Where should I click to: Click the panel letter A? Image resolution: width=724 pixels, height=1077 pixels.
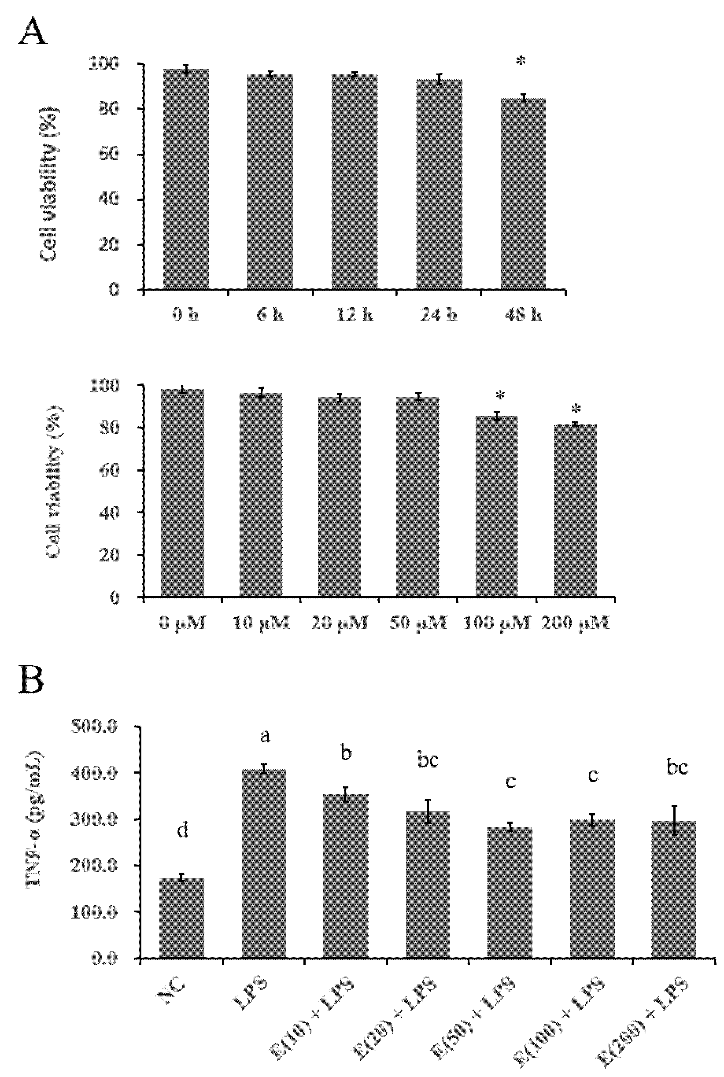(32, 31)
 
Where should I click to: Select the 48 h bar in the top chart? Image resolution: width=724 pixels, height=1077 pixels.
(523, 194)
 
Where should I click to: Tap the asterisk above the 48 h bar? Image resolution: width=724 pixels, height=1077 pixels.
(521, 62)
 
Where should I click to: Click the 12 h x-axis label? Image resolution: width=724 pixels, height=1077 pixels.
(354, 315)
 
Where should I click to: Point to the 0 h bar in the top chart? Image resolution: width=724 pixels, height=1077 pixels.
(186, 180)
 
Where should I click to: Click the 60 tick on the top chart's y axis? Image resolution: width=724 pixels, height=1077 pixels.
(108, 154)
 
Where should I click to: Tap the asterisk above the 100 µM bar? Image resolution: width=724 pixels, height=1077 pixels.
(500, 396)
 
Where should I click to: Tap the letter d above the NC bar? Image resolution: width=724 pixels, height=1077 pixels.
(183, 830)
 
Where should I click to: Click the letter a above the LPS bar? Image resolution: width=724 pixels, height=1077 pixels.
(265, 736)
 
